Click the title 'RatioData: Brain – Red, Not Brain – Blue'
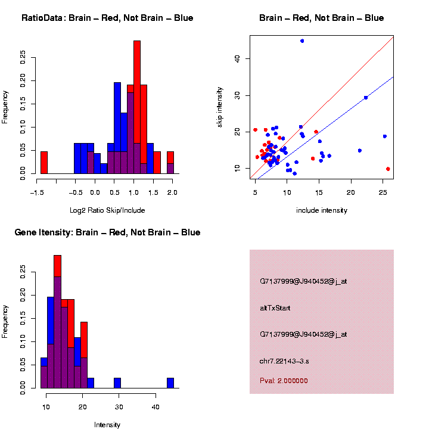coord(107,18)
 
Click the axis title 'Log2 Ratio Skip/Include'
coord(107,210)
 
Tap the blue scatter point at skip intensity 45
coord(302,41)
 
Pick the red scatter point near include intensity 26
coord(388,169)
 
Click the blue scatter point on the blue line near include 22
coord(365,98)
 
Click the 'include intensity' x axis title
coord(322,210)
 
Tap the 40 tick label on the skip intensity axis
coord(236,58)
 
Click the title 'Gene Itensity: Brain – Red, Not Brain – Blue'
coord(107,232)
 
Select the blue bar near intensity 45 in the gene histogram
coord(170,383)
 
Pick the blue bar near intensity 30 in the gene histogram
coord(117,383)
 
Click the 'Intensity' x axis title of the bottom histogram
coord(107,425)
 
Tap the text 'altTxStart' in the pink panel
coord(275,308)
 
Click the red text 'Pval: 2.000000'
coord(284,381)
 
